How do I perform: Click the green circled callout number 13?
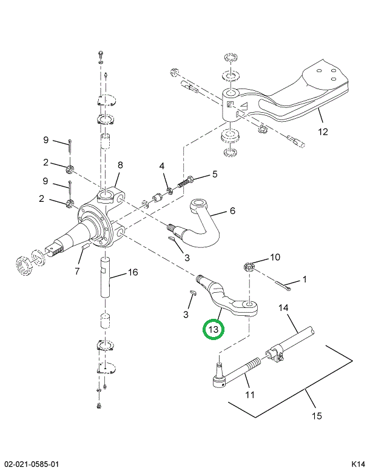pyautogui.click(x=213, y=329)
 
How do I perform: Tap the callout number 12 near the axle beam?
pyautogui.click(x=322, y=132)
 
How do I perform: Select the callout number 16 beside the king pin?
pyautogui.click(x=133, y=272)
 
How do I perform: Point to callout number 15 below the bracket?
pyautogui.click(x=317, y=416)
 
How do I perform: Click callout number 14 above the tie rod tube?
pyautogui.click(x=283, y=309)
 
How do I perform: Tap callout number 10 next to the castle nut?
pyautogui.click(x=275, y=258)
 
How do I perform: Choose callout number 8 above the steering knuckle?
pyautogui.click(x=120, y=165)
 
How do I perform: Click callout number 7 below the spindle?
pyautogui.click(x=77, y=271)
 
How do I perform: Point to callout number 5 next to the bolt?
pyautogui.click(x=214, y=175)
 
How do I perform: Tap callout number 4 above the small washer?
pyautogui.click(x=162, y=166)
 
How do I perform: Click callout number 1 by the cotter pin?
pyautogui.click(x=304, y=279)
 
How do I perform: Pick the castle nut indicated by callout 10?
pyautogui.click(x=249, y=266)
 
